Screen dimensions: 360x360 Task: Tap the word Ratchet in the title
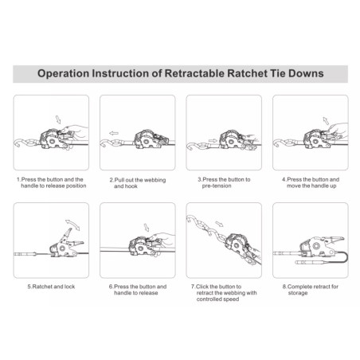pos(247,73)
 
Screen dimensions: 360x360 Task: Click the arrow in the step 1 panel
pos(58,119)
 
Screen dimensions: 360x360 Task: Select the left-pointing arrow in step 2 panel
pos(114,133)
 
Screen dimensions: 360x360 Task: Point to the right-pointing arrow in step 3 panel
pos(213,141)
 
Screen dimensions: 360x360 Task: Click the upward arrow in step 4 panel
pos(326,120)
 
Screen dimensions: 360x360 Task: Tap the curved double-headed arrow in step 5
pos(72,225)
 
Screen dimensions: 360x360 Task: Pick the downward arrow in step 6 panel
pos(147,227)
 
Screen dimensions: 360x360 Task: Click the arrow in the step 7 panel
pos(219,224)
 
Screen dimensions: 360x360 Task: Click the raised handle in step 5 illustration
pos(66,235)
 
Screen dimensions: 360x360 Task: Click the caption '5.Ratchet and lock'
pos(51,287)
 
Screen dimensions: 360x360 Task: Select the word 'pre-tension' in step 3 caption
pos(217,186)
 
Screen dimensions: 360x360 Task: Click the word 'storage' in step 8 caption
pos(298,293)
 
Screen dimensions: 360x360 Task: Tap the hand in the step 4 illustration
pos(337,130)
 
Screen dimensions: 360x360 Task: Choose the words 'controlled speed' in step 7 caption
pos(217,299)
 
